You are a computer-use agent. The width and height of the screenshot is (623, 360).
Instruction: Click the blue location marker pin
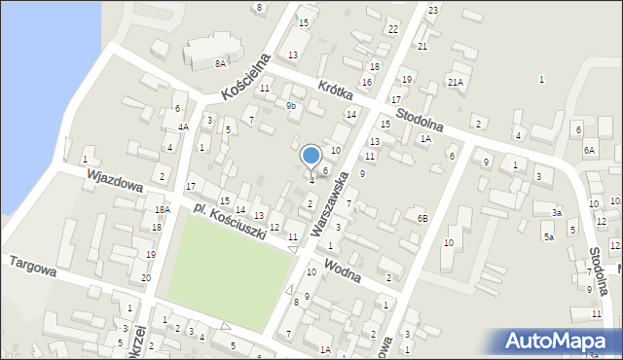tap(311, 157)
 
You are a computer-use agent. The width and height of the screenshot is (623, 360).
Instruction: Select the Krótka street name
tap(336, 94)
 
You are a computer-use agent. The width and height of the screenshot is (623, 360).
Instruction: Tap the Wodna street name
tap(343, 270)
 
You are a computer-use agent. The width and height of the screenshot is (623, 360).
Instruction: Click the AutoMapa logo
tap(559, 341)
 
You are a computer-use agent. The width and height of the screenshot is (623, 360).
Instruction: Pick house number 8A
tap(220, 63)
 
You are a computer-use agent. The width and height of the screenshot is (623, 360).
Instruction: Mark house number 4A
tap(183, 126)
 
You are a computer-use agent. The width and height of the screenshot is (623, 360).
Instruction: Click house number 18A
tap(162, 209)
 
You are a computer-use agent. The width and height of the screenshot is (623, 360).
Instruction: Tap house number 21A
tap(455, 83)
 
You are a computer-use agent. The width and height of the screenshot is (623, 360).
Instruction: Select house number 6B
tap(422, 218)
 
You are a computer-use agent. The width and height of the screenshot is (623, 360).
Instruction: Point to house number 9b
tap(290, 105)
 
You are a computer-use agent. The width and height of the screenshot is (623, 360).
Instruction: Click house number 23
tap(432, 10)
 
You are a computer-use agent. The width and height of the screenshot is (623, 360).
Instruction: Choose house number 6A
tap(589, 150)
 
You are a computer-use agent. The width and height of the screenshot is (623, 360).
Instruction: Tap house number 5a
tap(549, 236)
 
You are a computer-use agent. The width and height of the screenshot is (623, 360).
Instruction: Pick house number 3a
tap(557, 212)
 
